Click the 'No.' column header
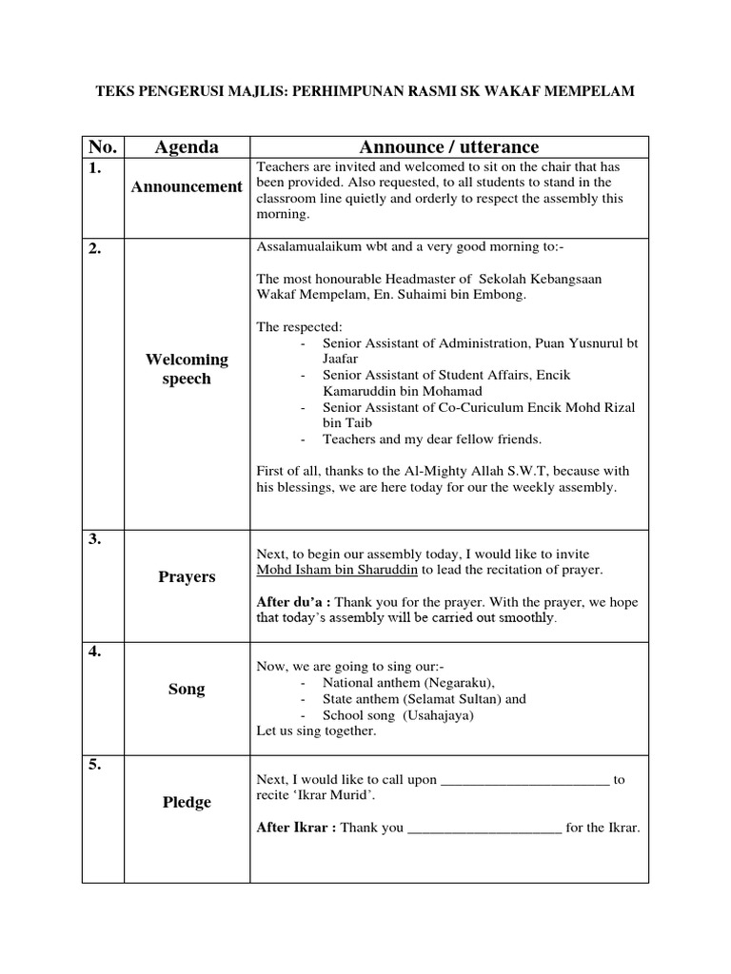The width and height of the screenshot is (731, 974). [x=102, y=146]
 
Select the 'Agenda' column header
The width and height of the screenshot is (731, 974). [x=187, y=146]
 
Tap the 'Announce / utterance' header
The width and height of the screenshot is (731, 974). [x=448, y=146]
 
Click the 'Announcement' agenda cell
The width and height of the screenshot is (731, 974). [x=187, y=186]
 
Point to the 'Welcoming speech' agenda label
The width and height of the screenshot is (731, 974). [x=187, y=369]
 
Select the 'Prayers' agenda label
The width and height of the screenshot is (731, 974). [x=187, y=576]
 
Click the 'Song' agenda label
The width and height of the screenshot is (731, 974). [x=187, y=689]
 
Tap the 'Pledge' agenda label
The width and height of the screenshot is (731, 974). [x=187, y=802]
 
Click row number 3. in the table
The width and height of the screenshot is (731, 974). [x=95, y=539]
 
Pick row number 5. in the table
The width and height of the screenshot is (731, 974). [x=95, y=764]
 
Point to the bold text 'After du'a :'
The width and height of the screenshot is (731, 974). [x=294, y=602]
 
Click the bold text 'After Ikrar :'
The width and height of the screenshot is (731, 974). [x=296, y=828]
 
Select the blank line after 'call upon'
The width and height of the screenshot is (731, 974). [x=524, y=780]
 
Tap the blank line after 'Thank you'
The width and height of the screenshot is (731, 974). [x=484, y=828]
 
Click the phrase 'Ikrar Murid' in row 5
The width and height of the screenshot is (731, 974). [x=341, y=795]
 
